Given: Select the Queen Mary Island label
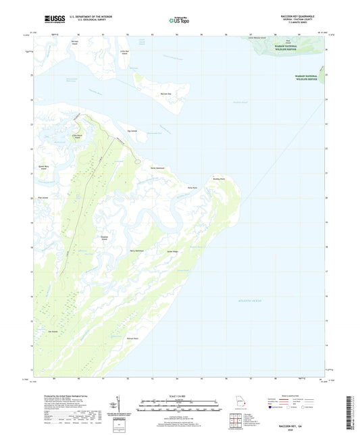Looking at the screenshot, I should click(43, 168).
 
